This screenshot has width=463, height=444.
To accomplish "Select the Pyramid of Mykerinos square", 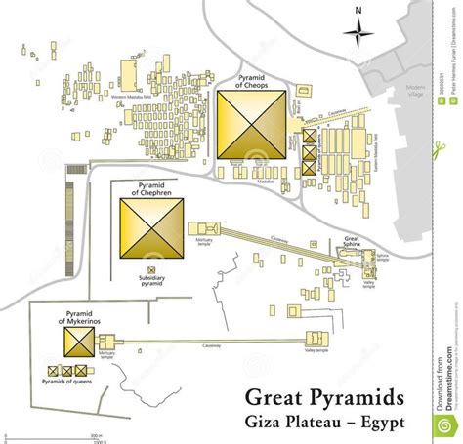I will point(77,342).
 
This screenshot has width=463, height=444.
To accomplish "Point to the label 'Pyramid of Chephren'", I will point(152,187).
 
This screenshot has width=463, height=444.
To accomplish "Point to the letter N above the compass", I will point(358,10).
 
